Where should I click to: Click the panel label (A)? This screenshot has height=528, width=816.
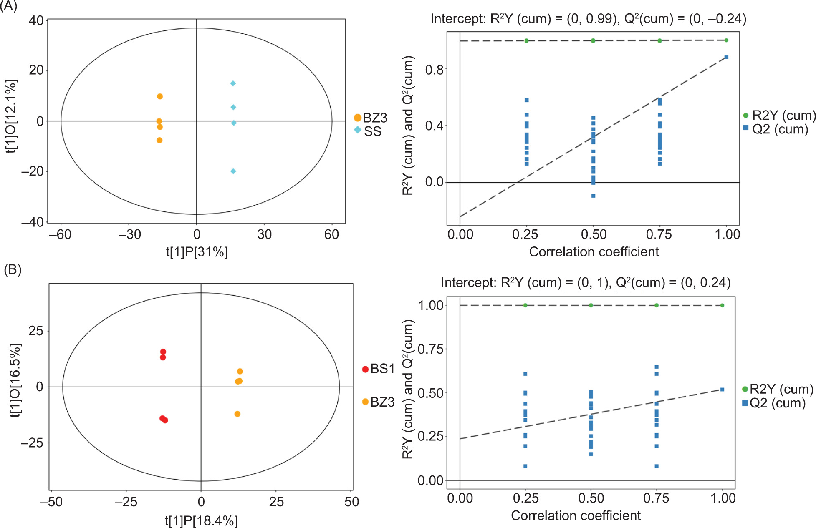click(x=8, y=6)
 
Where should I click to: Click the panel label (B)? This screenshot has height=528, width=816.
click(x=12, y=269)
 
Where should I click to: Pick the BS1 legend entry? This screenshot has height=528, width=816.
click(x=378, y=369)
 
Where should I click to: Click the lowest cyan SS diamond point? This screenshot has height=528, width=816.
click(x=233, y=171)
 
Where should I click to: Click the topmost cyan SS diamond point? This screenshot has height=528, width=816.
click(x=233, y=83)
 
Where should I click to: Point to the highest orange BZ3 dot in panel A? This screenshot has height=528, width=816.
click(x=160, y=96)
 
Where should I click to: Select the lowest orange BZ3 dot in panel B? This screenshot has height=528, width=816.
click(x=237, y=414)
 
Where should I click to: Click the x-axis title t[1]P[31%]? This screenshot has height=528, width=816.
click(x=197, y=252)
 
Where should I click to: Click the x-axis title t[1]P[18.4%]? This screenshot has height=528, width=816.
click(x=201, y=520)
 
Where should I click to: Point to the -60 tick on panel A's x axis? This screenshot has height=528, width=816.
click(x=61, y=234)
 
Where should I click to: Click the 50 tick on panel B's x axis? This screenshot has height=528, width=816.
click(x=351, y=501)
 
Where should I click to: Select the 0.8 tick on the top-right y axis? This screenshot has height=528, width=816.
click(x=434, y=70)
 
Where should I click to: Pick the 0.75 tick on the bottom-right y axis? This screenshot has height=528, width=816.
click(x=431, y=349)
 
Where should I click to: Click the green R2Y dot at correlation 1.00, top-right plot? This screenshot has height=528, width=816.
click(x=726, y=40)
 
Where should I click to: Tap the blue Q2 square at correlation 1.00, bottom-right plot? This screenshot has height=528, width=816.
click(x=722, y=390)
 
